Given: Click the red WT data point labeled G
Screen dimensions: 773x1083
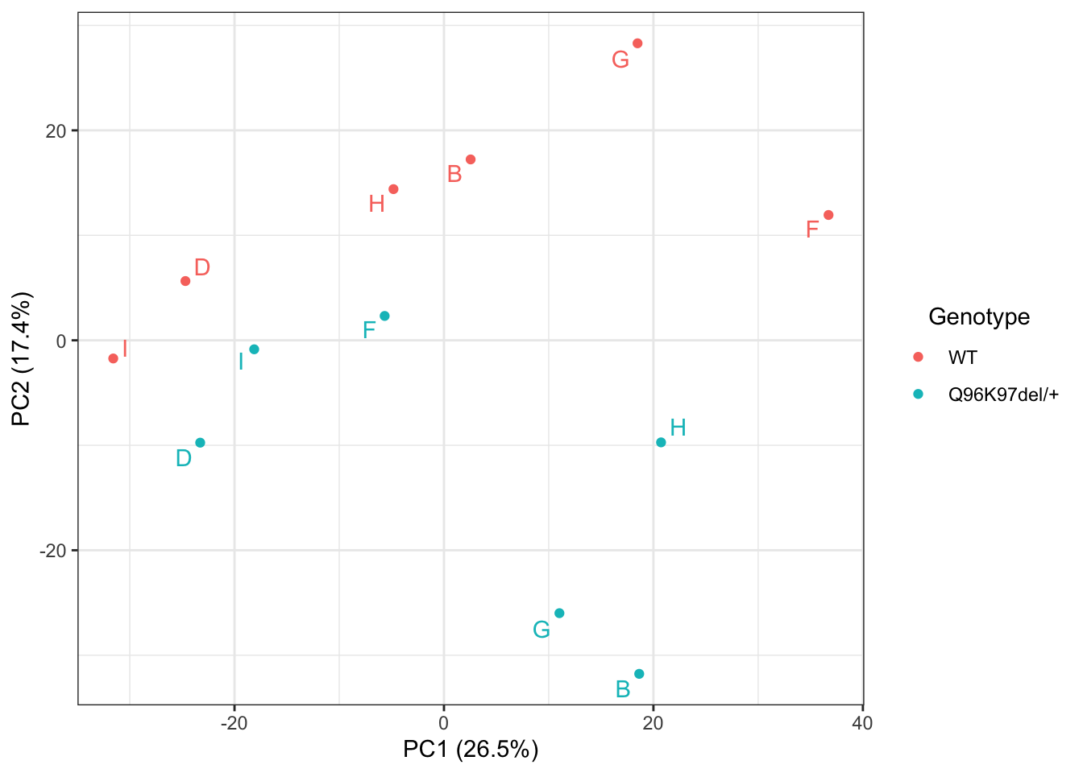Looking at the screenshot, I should (x=637, y=43).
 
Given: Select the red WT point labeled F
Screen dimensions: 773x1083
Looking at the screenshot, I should (x=828, y=215).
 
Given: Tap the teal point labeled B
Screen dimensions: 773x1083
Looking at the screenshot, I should (x=639, y=674).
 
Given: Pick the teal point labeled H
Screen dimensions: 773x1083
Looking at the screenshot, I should (x=661, y=442).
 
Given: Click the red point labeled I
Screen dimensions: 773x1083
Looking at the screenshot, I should (x=114, y=358).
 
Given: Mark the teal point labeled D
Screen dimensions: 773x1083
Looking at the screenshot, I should (x=200, y=443).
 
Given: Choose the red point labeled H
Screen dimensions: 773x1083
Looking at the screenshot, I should (x=393, y=189).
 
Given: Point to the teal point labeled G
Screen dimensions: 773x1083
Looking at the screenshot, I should (x=559, y=614).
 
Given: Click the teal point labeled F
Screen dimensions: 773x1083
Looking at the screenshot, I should (x=384, y=316).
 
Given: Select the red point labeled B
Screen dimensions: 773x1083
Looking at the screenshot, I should (x=471, y=159).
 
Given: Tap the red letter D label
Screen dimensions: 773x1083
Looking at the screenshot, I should (x=202, y=267).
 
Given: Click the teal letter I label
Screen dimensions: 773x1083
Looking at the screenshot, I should (x=241, y=362).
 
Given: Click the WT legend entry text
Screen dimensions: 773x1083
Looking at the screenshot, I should (x=962, y=358).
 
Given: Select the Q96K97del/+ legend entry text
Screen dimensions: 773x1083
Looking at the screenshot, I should (x=1003, y=395).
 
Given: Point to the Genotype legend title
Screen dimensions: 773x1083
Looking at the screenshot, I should (x=979, y=316).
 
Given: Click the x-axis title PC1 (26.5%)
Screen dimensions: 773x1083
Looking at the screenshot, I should (x=471, y=750).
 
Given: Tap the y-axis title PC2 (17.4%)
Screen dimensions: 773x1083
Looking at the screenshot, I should (x=22, y=359).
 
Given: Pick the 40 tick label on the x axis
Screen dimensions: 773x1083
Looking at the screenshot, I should (x=862, y=723).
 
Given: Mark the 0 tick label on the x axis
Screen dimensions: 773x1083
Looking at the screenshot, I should (x=444, y=723).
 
